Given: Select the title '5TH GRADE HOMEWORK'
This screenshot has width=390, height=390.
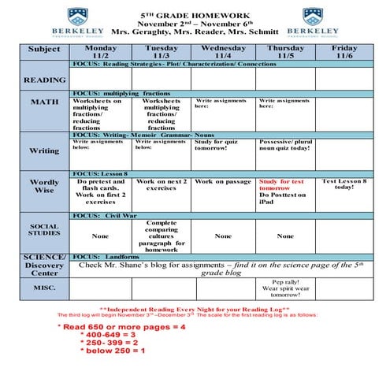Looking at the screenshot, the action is point(195,15).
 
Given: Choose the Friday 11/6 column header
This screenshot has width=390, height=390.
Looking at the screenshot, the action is point(344,51).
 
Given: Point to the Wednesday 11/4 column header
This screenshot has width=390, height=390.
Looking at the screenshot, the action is point(223,51).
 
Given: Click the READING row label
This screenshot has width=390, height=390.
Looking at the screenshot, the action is point(44,80).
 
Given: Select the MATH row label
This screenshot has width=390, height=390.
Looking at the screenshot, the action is point(44,102).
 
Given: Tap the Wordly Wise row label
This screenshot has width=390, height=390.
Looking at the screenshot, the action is point(44,187).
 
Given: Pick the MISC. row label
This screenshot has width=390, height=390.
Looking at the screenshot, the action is point(44,287).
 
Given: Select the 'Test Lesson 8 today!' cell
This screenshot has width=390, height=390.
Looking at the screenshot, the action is point(344,184).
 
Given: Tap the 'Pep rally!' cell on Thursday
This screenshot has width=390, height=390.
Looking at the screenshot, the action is point(284,288).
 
